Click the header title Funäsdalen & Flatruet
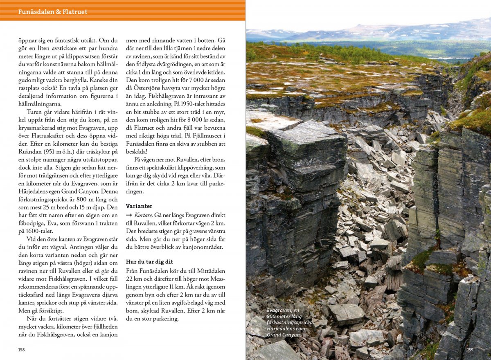coord(53,12)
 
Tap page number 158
coord(21,350)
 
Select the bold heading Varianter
coord(139,206)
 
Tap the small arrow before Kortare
coord(129,215)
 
